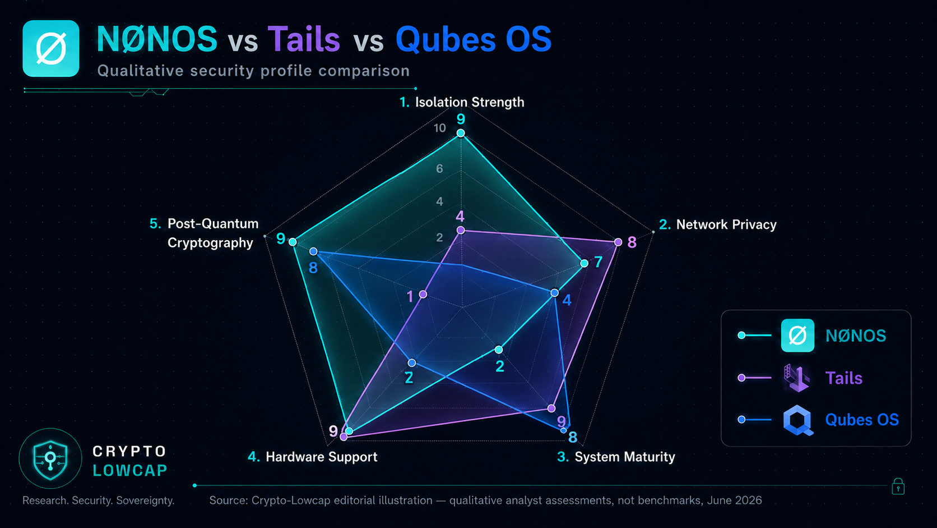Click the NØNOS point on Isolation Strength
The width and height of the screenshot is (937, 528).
click(x=461, y=133)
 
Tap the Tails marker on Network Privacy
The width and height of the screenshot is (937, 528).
click(x=618, y=242)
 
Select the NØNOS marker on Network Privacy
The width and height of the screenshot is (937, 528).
click(x=584, y=263)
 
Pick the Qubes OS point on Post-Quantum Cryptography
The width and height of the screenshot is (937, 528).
click(x=313, y=251)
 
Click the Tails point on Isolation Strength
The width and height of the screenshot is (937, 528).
click(x=461, y=230)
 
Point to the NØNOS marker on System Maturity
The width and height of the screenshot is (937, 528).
click(x=499, y=349)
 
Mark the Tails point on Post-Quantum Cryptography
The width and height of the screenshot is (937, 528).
click(x=423, y=295)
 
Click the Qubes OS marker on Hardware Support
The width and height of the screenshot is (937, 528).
click(x=412, y=362)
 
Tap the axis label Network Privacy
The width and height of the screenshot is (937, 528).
click(x=726, y=225)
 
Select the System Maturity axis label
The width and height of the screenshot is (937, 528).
click(x=624, y=457)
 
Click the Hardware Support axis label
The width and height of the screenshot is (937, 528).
click(x=321, y=457)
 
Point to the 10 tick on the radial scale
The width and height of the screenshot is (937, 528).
click(x=439, y=128)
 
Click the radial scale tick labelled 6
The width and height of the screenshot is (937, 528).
click(x=439, y=169)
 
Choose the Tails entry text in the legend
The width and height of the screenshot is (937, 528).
click(x=844, y=378)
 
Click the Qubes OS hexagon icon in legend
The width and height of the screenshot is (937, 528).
click(x=797, y=420)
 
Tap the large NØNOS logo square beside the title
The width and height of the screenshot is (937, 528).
click(x=51, y=49)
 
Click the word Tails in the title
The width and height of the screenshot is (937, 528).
click(x=304, y=39)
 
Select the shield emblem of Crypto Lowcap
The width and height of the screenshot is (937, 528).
click(x=50, y=460)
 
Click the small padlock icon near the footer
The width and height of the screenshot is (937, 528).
click(x=898, y=486)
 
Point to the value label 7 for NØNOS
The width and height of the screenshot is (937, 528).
click(x=599, y=262)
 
